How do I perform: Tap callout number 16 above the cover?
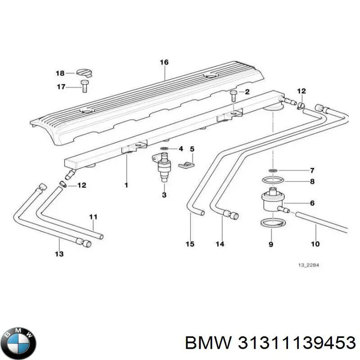(x=164, y=63)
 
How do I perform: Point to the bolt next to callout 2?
(x=233, y=95)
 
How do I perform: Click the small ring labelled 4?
(x=165, y=148)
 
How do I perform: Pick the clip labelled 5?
(x=184, y=165)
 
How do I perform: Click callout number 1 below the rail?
(x=126, y=185)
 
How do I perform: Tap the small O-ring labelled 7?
(x=273, y=171)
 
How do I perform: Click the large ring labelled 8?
(x=273, y=181)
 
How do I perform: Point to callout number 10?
(x=315, y=244)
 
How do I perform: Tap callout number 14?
(x=220, y=244)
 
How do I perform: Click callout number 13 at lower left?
(x=59, y=254)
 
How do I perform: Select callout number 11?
(x=93, y=217)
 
